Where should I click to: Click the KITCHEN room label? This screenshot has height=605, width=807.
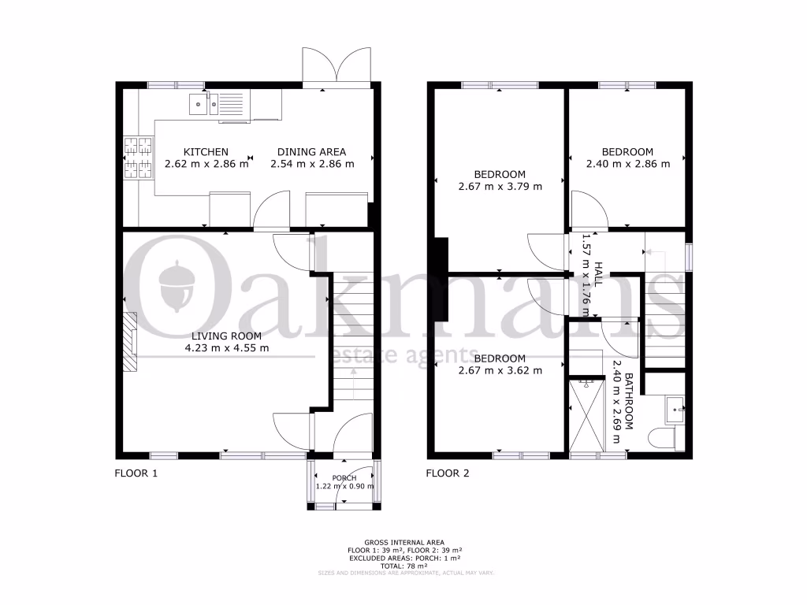(x=206, y=152)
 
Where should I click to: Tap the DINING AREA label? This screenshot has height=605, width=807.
(x=312, y=152)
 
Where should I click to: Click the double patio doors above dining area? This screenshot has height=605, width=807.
(x=337, y=65)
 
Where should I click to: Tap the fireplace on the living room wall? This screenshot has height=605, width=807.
(x=129, y=340)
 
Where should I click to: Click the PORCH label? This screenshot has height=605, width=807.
(x=344, y=478)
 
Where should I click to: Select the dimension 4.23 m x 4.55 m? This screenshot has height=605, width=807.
(x=226, y=347)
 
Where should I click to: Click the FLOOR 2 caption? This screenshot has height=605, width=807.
(x=448, y=474)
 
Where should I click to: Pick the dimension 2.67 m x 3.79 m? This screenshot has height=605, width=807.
(x=500, y=187)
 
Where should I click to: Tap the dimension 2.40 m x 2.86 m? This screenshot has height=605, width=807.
(x=627, y=165)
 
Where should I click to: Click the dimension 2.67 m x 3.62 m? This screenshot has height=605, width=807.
(x=500, y=370)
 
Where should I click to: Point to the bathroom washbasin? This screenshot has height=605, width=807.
(x=675, y=410)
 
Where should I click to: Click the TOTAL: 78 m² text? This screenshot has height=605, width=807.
(x=403, y=566)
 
